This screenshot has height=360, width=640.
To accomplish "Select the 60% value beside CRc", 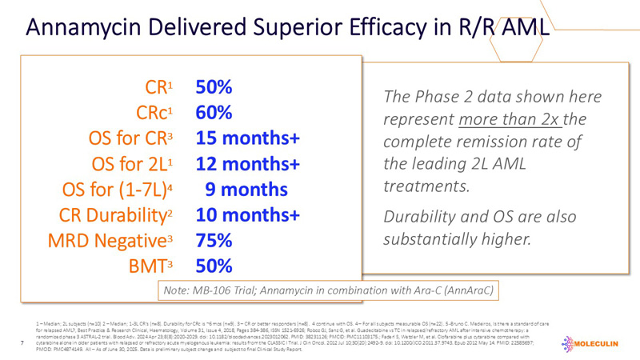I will (x=214, y=113).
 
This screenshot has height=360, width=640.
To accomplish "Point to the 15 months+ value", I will (x=248, y=138).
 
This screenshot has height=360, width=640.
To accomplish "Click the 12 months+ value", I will (x=248, y=164).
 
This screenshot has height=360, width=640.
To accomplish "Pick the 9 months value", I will (x=246, y=190).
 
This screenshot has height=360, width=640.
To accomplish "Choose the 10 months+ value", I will (x=248, y=215).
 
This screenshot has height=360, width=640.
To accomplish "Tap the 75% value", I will (x=214, y=241).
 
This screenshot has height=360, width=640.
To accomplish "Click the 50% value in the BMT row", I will (x=214, y=266).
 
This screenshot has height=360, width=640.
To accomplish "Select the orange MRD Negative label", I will (x=122, y=241).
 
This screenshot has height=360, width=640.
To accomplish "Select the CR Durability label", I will (x=121, y=215).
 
